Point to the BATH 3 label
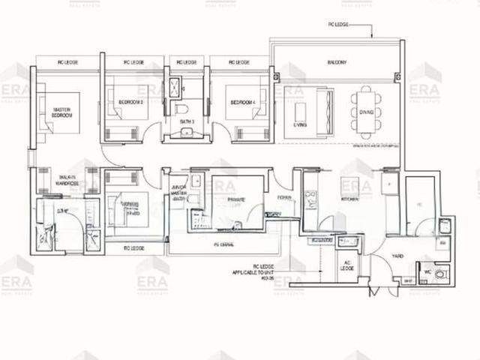[x=184, y=121]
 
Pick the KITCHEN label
[x=351, y=200]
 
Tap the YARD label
[x=397, y=256]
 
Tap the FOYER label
[x=284, y=198]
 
